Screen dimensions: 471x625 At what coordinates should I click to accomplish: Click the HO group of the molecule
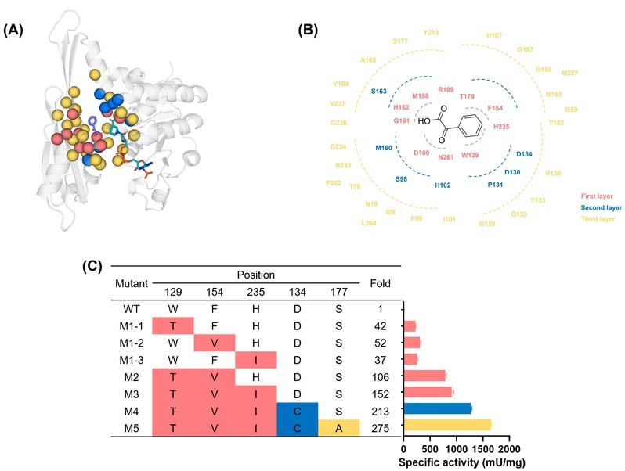pos(424,121)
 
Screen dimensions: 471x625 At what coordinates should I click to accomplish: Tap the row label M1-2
pos(128,342)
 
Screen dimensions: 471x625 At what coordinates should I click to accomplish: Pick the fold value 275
pos(379,427)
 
